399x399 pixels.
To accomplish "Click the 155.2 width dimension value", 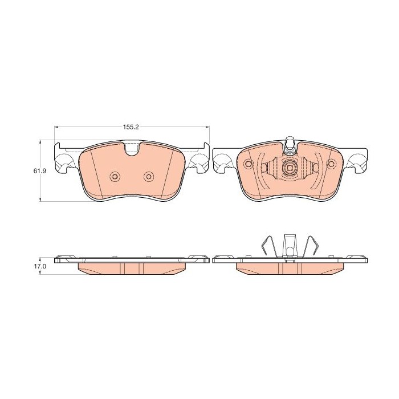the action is [x=131, y=127].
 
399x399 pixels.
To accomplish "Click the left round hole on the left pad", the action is [x=115, y=176].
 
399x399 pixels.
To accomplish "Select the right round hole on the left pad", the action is [x=149, y=176].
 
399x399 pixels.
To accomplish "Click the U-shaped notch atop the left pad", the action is [x=132, y=149].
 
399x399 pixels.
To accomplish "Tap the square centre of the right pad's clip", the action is [x=290, y=168].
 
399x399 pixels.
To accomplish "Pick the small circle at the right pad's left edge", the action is [x=247, y=164].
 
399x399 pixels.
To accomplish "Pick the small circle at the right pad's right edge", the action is [x=332, y=164].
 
